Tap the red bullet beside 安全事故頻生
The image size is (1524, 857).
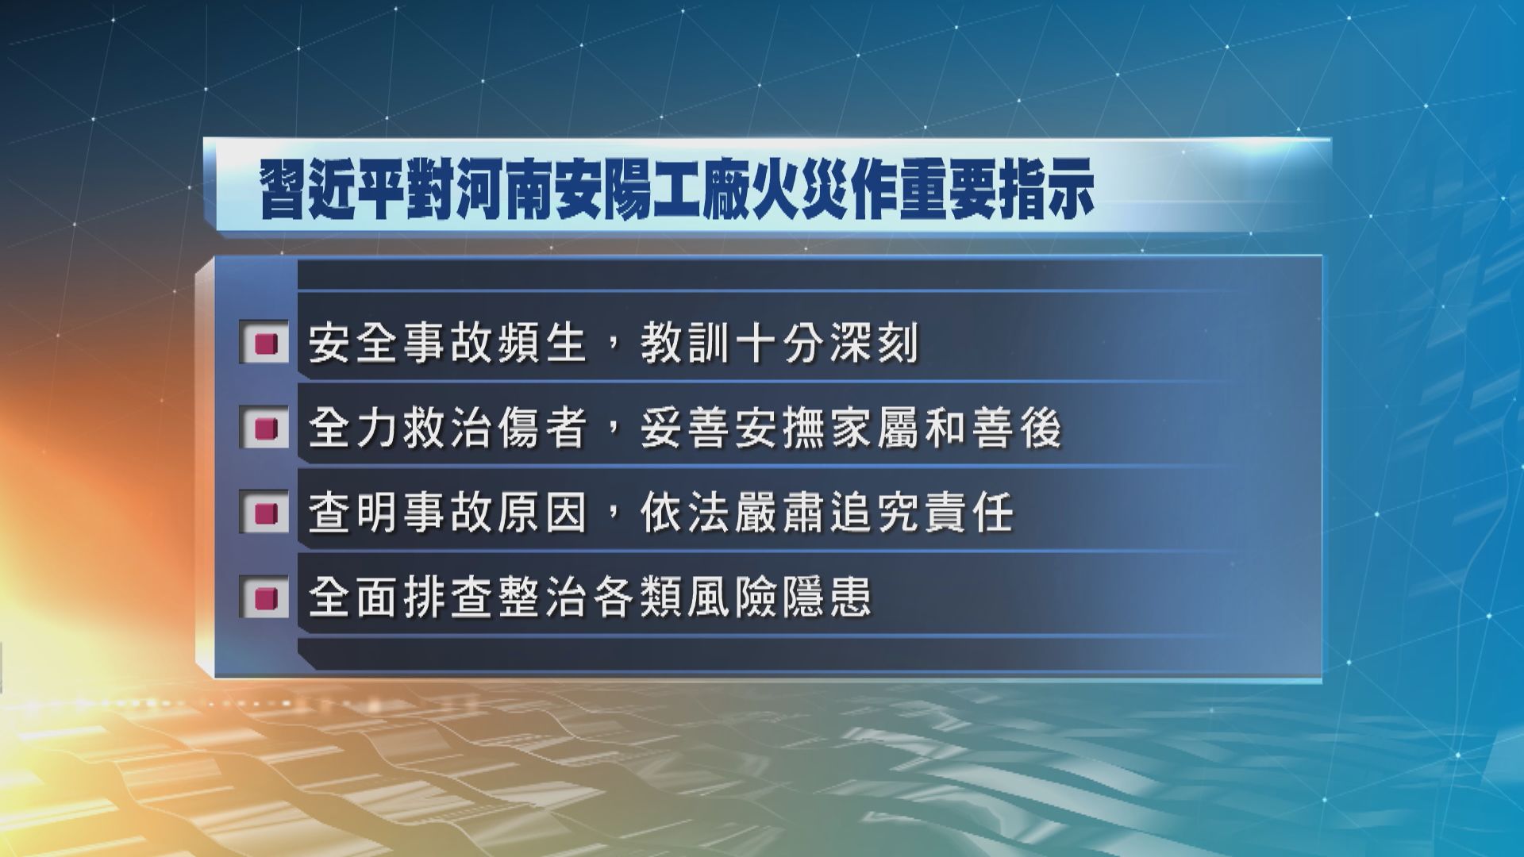pyautogui.click(x=264, y=345)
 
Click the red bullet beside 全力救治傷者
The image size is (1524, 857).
pyautogui.click(x=264, y=429)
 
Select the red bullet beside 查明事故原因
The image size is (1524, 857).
pyautogui.click(x=264, y=513)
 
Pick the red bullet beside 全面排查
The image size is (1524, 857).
pyautogui.click(x=264, y=597)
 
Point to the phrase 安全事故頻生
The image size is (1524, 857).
pyautogui.click(x=447, y=345)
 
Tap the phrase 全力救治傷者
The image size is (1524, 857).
pyautogui.click(x=447, y=429)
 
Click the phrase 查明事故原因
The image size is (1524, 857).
pyautogui.click(x=447, y=513)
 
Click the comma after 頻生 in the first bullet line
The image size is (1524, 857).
pyautogui.click(x=612, y=354)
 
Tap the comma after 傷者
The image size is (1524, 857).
pyautogui.click(x=612, y=438)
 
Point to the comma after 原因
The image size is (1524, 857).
pyautogui.click(x=612, y=521)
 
